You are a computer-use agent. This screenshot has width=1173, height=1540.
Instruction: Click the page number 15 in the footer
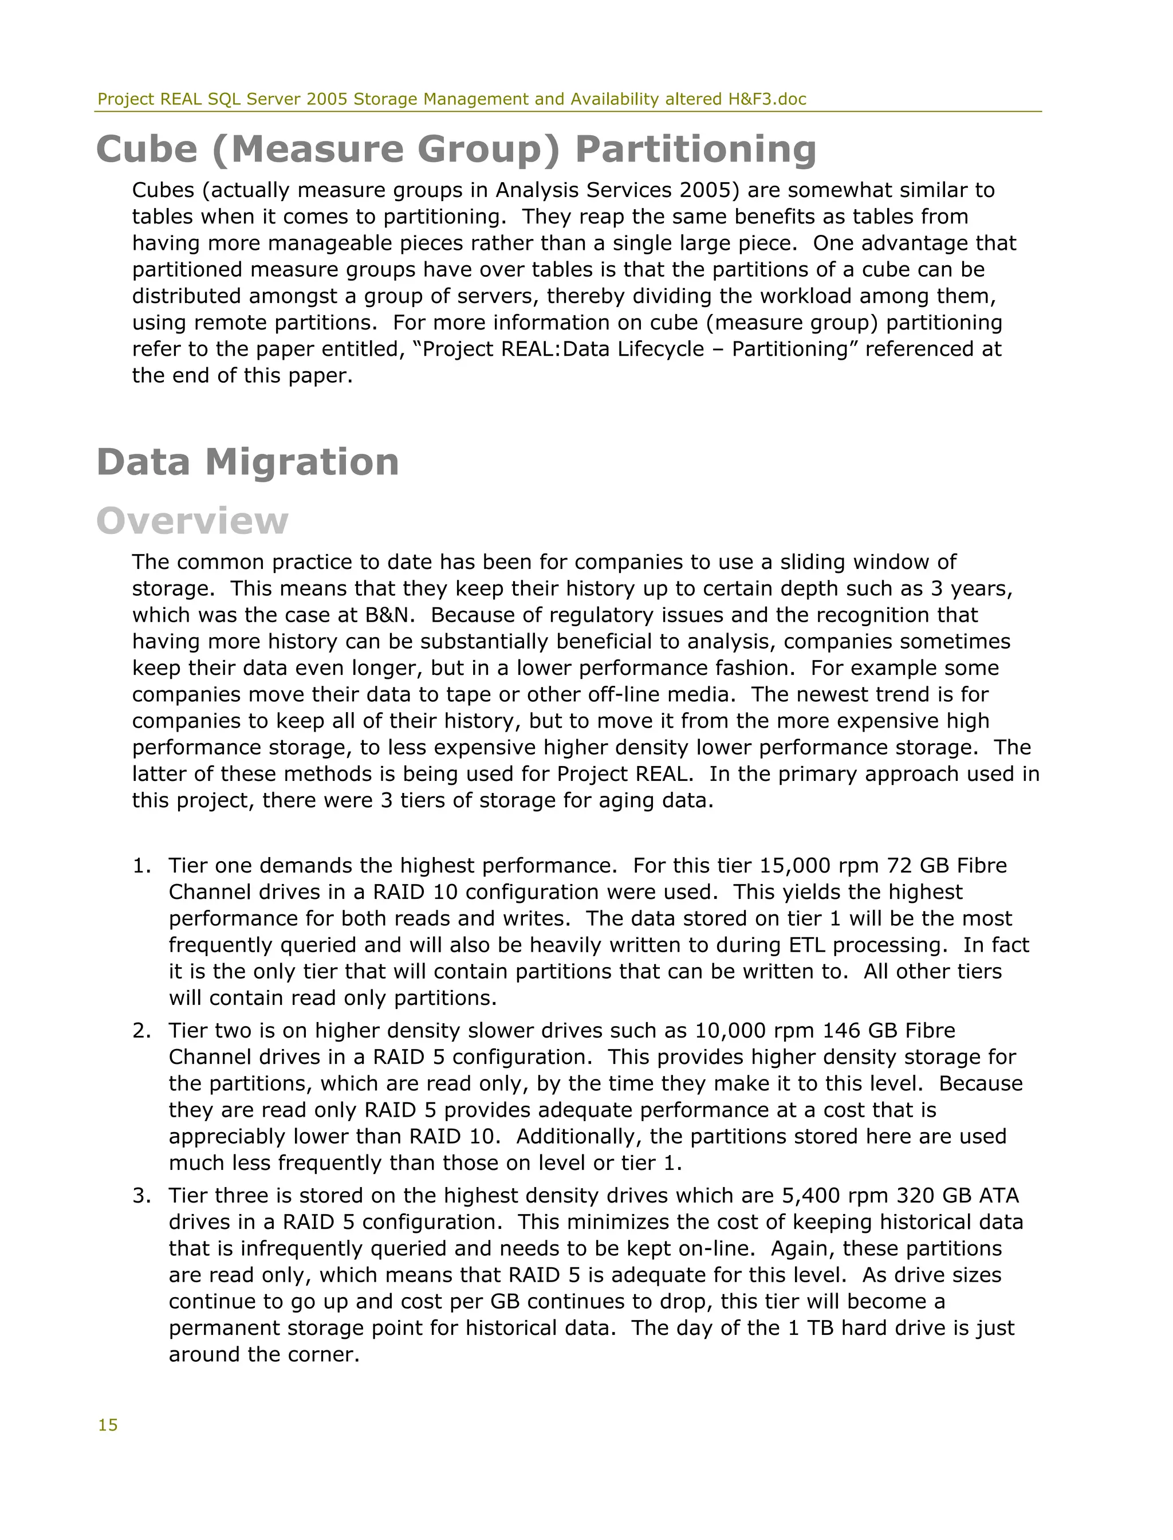coord(108,1425)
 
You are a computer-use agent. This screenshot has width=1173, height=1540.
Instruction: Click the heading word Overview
coord(192,521)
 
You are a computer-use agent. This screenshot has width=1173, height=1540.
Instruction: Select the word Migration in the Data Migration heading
coord(302,462)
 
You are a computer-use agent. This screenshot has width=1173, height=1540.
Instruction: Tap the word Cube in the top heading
coord(147,150)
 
